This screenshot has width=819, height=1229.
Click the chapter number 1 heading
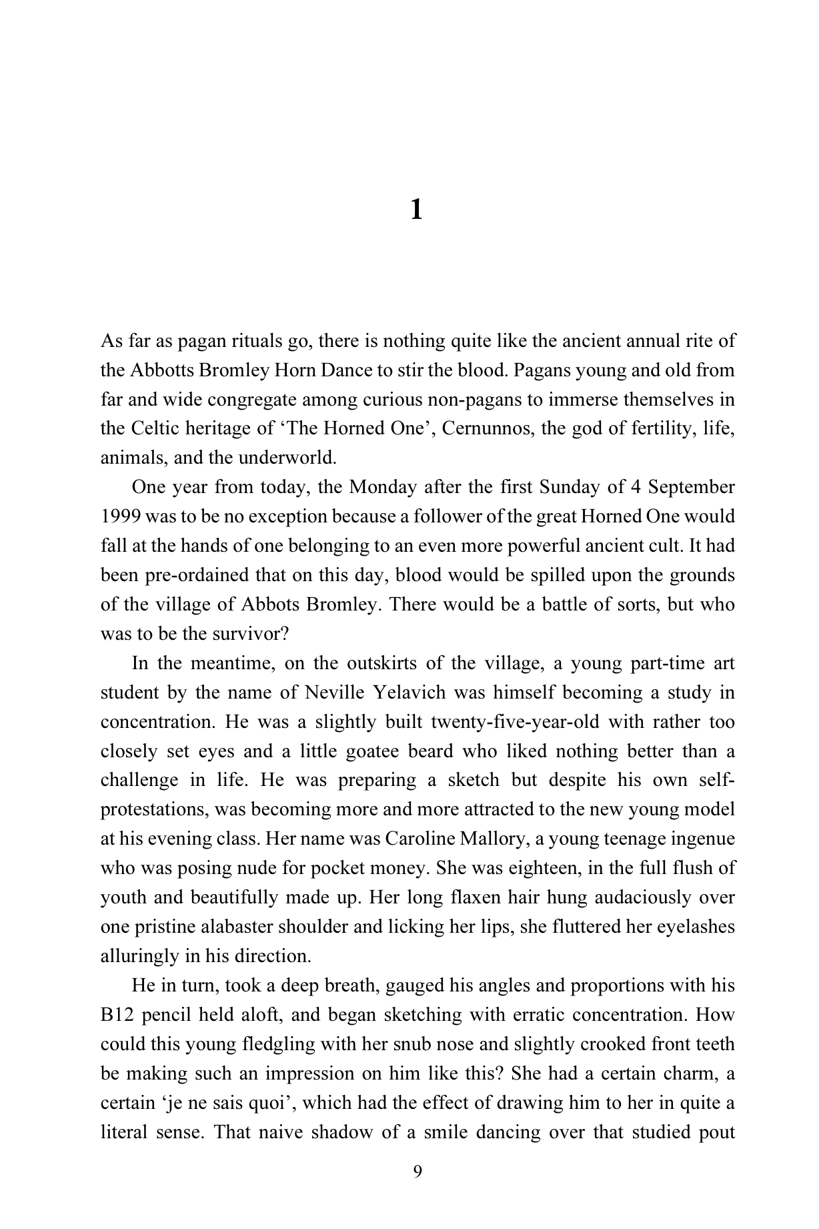pyautogui.click(x=416, y=210)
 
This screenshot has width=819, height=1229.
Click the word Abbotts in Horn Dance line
pyautogui.click(x=158, y=370)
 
